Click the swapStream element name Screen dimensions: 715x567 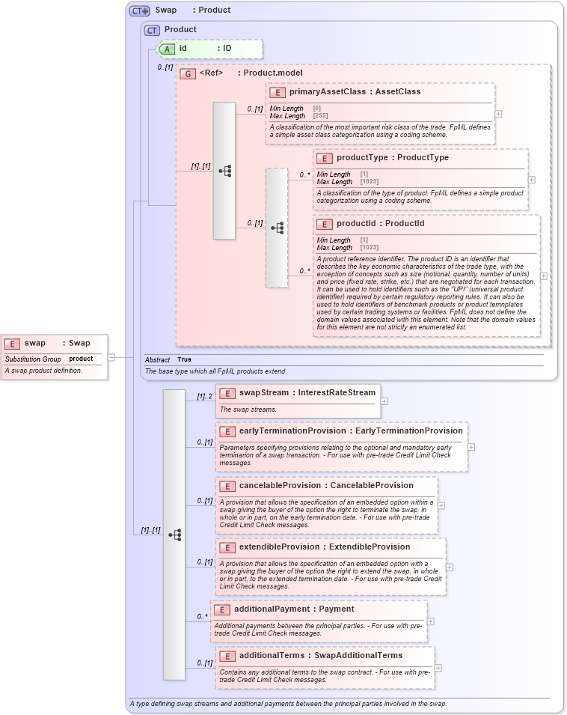click(265, 392)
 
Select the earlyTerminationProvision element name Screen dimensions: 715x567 click(292, 430)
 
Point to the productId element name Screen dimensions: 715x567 click(359, 223)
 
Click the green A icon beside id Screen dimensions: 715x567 click(168, 48)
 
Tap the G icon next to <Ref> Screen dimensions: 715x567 click(189, 73)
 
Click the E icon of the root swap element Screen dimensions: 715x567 click(12, 343)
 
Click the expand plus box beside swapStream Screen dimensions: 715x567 click(384, 401)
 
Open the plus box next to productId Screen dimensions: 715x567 click(543, 276)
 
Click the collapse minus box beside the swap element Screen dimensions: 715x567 click(111, 357)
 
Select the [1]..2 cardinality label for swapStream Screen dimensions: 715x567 click(205, 396)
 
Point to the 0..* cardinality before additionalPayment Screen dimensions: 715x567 click(203, 616)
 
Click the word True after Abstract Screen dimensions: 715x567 click(184, 359)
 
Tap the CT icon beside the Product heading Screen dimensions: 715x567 click(153, 30)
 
